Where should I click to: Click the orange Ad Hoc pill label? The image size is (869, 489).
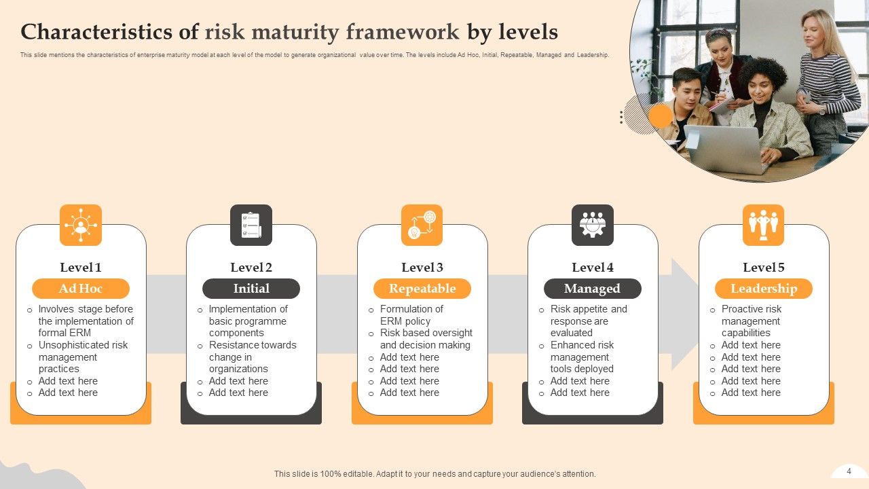click(x=81, y=289)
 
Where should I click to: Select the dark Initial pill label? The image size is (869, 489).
click(x=251, y=289)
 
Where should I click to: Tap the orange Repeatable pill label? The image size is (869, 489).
click(x=422, y=289)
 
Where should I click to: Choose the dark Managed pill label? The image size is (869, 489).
click(x=592, y=289)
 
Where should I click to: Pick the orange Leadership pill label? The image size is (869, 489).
click(x=764, y=289)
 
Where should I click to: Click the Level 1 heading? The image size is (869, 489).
click(x=81, y=268)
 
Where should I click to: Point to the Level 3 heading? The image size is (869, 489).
click(x=422, y=268)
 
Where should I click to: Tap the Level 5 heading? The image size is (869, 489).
click(x=764, y=268)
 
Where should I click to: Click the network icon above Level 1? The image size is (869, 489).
click(x=81, y=225)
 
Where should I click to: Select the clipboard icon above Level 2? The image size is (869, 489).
click(x=251, y=225)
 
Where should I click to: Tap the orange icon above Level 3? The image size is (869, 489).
click(x=422, y=225)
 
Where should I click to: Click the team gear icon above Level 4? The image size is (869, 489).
click(x=593, y=225)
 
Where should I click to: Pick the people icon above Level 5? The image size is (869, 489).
click(x=763, y=225)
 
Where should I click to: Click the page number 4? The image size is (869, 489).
click(x=849, y=471)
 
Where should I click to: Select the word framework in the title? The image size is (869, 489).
click(x=403, y=32)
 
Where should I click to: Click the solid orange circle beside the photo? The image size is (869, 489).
click(x=660, y=116)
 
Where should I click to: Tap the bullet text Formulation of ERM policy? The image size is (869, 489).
click(x=411, y=315)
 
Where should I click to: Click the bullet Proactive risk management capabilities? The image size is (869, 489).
click(x=751, y=321)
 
